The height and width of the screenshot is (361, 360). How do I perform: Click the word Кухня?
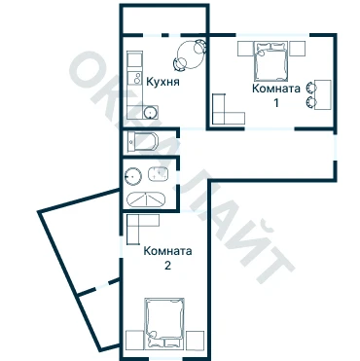[x=162, y=82]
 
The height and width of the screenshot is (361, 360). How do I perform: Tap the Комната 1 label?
[x=276, y=95]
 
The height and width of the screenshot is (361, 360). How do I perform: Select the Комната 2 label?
[x=167, y=258]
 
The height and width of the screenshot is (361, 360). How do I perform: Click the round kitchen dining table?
[x=192, y=54]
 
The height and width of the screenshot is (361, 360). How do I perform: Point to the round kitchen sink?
[x=150, y=112]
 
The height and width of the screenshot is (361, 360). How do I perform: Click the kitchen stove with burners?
[x=135, y=78]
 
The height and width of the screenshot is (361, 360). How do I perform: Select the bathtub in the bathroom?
[x=146, y=199]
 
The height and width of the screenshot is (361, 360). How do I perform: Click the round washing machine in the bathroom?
[x=133, y=176]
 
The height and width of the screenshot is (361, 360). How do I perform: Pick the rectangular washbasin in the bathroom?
[x=159, y=173]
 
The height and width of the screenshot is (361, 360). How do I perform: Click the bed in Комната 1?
[x=271, y=61]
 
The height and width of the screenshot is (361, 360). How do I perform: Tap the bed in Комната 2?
[x=164, y=322]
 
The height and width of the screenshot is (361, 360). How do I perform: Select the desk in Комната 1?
[x=323, y=95]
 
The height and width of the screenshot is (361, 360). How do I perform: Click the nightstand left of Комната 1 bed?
[x=245, y=49]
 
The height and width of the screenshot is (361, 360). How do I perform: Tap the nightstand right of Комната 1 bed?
[x=297, y=49]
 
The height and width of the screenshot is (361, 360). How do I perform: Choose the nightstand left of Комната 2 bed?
[x=135, y=340]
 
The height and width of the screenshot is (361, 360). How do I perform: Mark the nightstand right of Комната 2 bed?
[x=195, y=340]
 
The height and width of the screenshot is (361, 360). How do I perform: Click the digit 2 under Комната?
[x=167, y=266]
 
